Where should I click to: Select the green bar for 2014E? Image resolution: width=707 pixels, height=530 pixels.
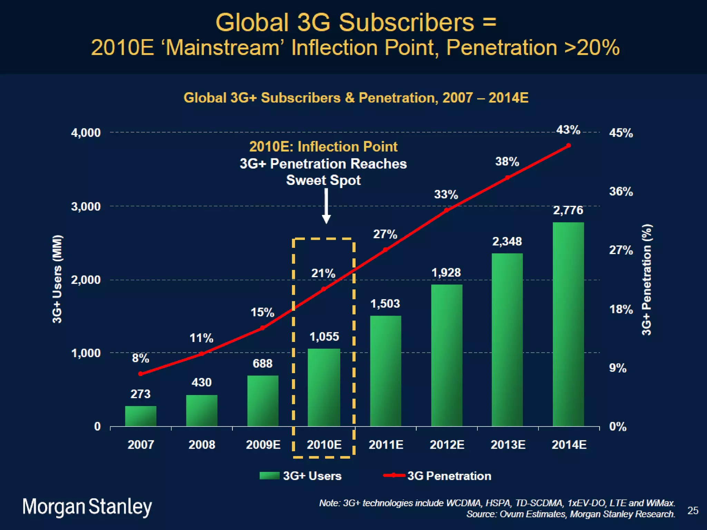point(568,324)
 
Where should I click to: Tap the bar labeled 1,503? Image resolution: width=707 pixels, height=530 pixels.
point(386,371)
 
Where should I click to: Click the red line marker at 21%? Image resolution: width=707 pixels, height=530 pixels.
point(323,289)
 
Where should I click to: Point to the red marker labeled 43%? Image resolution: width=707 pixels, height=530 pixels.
point(569,146)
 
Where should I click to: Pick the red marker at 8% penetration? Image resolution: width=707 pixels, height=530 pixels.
point(141,374)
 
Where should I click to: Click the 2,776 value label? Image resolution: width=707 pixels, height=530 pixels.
point(568,210)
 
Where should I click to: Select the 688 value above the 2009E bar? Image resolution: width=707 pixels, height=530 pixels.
point(262,363)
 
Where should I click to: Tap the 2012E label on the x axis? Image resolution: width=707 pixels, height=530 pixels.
point(447,444)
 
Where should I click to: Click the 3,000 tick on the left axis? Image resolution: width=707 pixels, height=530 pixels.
point(86,206)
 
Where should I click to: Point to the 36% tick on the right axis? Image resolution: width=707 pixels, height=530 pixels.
point(621,192)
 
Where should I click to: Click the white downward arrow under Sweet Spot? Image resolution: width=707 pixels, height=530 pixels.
point(326,207)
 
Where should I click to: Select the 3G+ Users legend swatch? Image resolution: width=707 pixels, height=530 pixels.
point(269,476)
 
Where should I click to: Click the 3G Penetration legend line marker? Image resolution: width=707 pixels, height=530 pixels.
point(394,475)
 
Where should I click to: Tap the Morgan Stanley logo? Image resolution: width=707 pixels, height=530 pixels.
point(87,507)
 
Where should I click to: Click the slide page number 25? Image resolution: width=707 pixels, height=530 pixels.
point(693,510)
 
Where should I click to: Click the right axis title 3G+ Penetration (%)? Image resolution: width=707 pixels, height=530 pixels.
point(647,279)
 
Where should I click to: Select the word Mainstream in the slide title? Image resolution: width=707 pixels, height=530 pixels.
point(223,48)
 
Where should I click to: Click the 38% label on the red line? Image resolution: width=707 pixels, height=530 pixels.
point(507,161)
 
